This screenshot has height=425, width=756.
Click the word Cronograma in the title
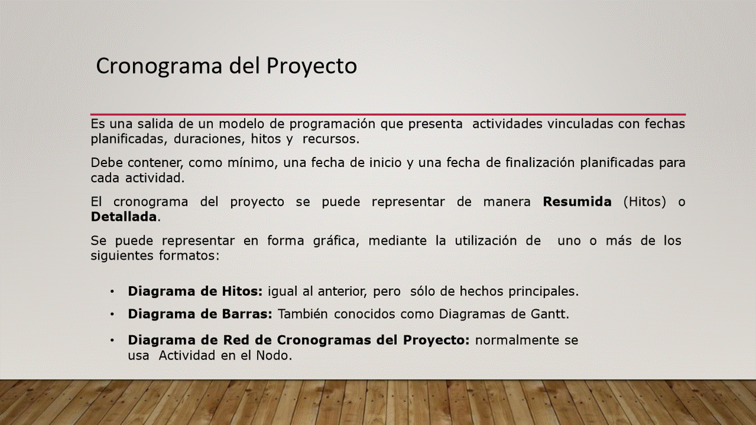[159, 66]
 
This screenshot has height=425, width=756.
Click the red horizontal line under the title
[388, 115]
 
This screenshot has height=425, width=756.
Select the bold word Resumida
[577, 202]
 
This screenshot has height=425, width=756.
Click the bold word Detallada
[123, 217]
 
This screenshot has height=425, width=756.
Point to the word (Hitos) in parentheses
[644, 202]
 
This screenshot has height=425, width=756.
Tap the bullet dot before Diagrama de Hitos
[112, 292]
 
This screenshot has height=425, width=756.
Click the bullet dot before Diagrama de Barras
[112, 315]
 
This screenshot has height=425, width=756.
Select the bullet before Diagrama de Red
[112, 341]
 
